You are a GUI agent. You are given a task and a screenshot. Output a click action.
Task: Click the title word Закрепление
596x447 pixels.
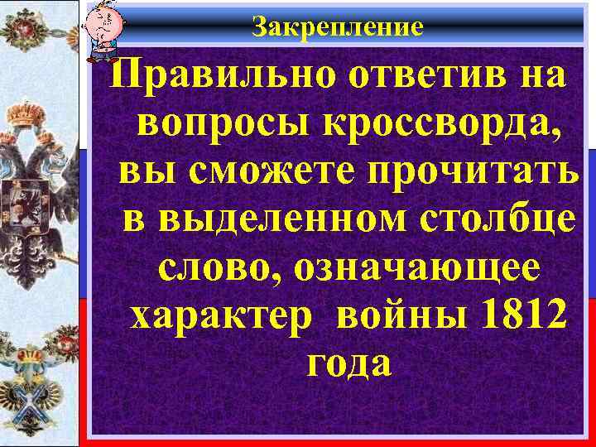point(337,27)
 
